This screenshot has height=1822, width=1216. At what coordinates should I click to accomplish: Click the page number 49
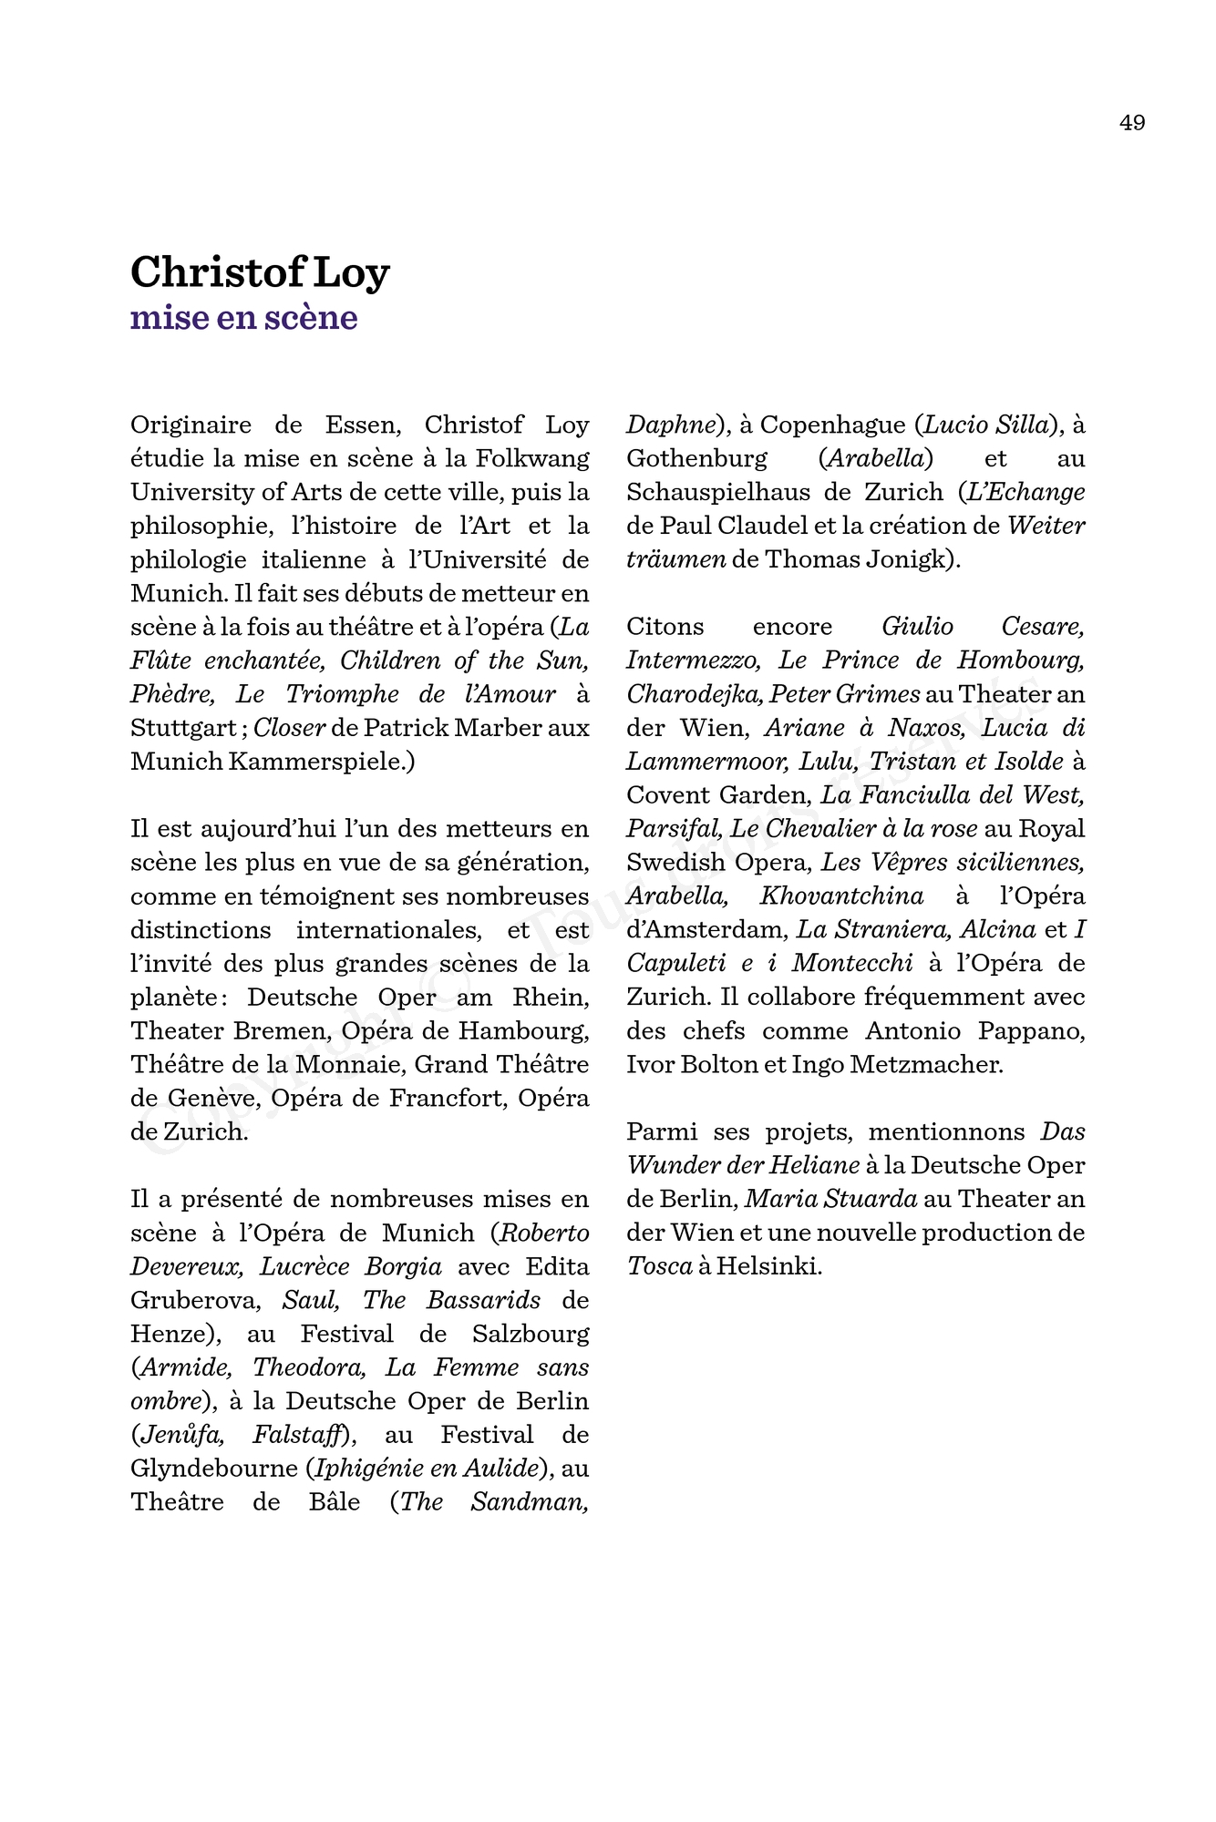tap(1132, 123)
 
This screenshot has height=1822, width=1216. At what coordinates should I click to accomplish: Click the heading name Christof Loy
tap(260, 271)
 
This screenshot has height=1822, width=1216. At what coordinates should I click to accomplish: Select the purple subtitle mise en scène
tap(243, 317)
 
